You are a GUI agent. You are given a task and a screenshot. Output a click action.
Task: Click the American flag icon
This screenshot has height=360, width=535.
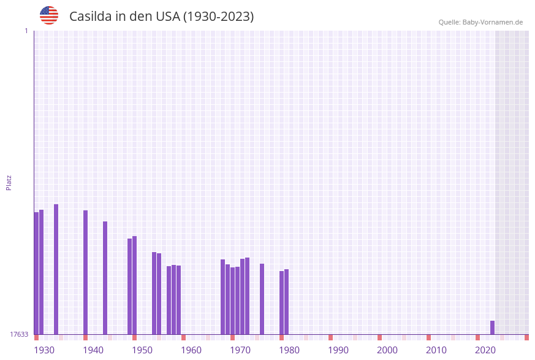49,15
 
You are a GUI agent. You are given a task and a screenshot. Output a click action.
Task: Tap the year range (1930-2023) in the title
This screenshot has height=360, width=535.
218,17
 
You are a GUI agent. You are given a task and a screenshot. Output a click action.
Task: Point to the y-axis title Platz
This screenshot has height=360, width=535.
9,182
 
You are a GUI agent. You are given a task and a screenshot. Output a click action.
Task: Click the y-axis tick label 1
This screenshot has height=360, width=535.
26,31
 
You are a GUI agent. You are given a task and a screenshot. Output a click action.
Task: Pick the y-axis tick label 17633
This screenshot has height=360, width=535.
19,334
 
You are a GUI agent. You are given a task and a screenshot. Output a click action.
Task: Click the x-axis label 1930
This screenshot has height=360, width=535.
44,350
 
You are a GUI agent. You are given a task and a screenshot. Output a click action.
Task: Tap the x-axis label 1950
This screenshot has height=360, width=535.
142,350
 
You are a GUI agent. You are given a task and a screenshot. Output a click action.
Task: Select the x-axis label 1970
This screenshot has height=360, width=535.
240,350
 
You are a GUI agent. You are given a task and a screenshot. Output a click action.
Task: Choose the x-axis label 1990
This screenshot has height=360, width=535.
338,350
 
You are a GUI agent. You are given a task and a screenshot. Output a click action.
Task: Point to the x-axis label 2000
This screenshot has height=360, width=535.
387,350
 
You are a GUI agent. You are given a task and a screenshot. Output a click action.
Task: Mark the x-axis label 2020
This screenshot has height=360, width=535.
485,350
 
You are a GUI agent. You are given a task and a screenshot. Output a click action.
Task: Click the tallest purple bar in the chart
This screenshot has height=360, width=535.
56,269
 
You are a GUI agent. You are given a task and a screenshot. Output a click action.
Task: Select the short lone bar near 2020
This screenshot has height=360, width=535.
492,327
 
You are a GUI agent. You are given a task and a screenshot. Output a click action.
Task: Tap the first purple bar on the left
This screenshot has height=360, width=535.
36,273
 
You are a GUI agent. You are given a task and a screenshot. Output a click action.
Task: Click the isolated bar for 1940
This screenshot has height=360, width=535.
86,272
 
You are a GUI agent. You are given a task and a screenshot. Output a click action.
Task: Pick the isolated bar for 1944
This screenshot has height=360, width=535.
105,278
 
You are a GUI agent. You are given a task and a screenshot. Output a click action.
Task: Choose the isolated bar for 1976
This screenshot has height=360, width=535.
262,299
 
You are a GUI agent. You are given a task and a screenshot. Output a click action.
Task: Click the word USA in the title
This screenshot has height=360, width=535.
168,17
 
